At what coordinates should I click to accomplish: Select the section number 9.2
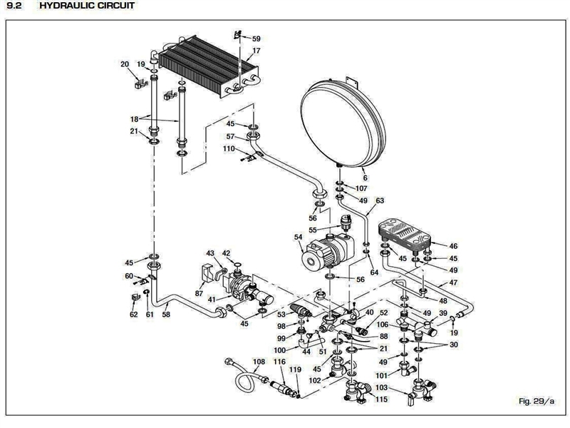click(x=14, y=6)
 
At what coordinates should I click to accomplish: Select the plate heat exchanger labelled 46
click(x=405, y=236)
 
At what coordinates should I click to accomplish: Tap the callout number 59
click(x=256, y=39)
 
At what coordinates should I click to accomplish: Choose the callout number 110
click(x=229, y=149)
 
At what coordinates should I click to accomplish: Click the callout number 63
click(x=379, y=200)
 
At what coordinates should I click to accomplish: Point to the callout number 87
click(x=199, y=293)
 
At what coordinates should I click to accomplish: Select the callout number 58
click(x=166, y=314)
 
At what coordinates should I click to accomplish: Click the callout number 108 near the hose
click(x=259, y=362)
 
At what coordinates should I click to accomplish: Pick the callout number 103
click(x=382, y=387)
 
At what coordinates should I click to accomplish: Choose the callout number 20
click(x=125, y=64)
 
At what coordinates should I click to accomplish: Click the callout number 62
click(x=133, y=315)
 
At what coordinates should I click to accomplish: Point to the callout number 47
click(x=453, y=283)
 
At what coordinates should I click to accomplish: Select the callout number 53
click(x=281, y=315)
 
